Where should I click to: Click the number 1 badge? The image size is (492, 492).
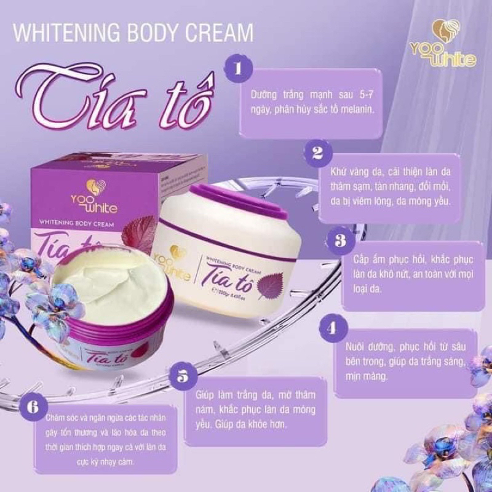[236, 68]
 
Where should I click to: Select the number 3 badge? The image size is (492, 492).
[339, 240]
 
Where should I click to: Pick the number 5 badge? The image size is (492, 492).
[182, 376]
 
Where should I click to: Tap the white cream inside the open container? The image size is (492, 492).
[105, 282]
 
